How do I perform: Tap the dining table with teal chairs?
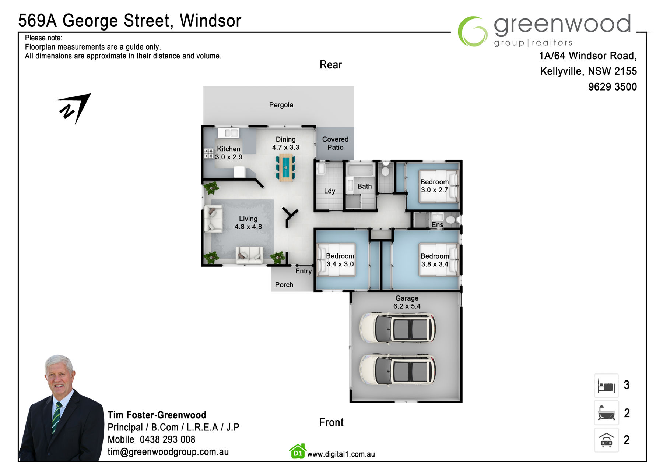pos(285,168)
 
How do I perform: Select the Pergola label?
pos(281,105)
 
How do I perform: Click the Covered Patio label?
pos(335,143)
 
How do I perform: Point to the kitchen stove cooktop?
pos(209,153)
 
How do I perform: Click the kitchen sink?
pos(228,133)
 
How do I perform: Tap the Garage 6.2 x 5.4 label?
pos(407,302)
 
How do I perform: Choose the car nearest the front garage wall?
pos(397,369)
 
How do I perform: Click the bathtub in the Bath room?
pos(361,170)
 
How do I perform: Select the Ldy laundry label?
pos(329,191)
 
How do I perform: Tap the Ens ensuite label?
pos(437,224)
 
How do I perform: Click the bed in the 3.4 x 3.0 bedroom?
pos(336,260)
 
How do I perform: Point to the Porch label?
pos(284,285)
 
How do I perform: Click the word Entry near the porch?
pos(303,271)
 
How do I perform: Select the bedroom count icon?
pos(606,386)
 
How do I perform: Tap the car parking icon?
pos(606,440)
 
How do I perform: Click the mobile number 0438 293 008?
pos(168,440)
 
